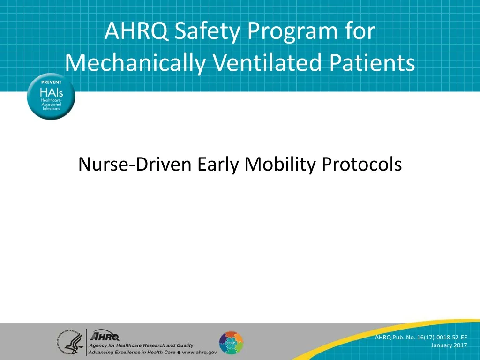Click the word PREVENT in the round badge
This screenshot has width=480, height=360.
point(51,82)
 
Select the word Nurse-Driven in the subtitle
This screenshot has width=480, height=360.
point(135,165)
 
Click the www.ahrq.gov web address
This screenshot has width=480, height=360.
point(200,352)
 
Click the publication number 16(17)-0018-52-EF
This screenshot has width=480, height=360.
point(434,337)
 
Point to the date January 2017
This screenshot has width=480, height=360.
point(449,345)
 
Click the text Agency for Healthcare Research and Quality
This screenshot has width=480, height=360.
point(141,345)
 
